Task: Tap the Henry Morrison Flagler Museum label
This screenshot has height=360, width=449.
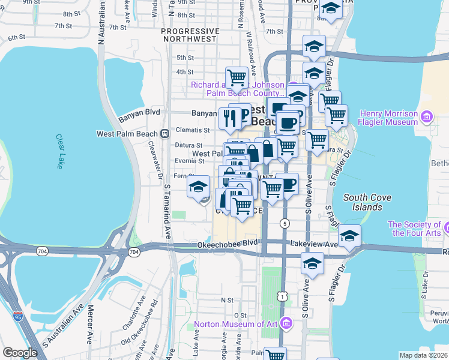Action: point(388,118)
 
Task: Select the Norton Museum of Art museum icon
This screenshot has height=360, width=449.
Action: point(286,324)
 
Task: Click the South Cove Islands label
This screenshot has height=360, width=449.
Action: point(363,202)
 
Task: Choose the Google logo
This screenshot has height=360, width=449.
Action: point(20,353)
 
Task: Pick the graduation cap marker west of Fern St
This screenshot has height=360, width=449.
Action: point(198,187)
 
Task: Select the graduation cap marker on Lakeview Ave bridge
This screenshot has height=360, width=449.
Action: point(349,236)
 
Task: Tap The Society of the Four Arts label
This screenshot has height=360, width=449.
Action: point(418,229)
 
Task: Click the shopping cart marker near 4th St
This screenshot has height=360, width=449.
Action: point(237,77)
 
